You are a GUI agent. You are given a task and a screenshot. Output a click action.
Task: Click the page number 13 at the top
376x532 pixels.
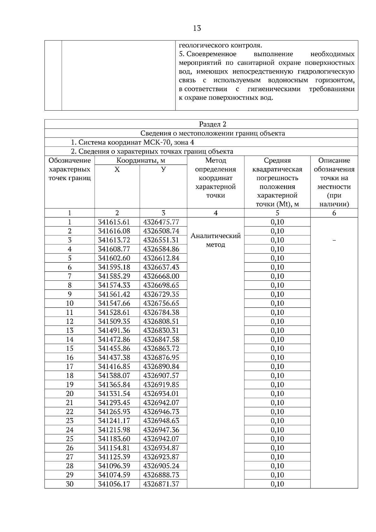tap(197, 29)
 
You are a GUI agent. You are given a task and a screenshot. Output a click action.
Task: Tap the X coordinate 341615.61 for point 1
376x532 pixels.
tap(114, 222)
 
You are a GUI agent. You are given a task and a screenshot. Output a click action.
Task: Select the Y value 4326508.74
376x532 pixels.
tap(161, 231)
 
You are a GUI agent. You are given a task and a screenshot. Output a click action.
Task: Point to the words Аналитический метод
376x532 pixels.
tap(216, 240)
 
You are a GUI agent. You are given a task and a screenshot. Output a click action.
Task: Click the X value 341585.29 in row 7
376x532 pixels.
tap(114, 276)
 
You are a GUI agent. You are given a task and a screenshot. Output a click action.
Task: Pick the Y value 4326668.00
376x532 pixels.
tap(161, 276)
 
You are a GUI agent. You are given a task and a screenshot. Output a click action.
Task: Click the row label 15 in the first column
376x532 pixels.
tap(70, 348)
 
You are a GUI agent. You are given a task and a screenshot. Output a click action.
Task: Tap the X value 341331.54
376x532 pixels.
tap(114, 394)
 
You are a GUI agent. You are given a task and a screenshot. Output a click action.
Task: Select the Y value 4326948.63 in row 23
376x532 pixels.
tap(161, 421)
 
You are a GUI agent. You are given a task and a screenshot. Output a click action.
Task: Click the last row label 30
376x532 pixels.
tap(70, 484)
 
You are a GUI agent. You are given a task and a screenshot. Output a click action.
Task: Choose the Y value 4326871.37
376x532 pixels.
tap(161, 484)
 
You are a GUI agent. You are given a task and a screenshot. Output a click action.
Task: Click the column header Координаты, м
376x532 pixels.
tap(141, 161)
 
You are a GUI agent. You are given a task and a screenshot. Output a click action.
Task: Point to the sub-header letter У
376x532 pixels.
tap(163, 170)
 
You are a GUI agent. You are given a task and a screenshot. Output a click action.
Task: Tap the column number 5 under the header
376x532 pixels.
tap(277, 213)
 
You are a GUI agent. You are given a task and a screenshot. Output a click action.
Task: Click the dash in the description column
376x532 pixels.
tap(334, 240)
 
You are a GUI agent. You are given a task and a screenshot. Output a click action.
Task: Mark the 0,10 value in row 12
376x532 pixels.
tap(277, 321)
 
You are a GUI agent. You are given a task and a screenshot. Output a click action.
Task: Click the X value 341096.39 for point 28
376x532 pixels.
tap(114, 466)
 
